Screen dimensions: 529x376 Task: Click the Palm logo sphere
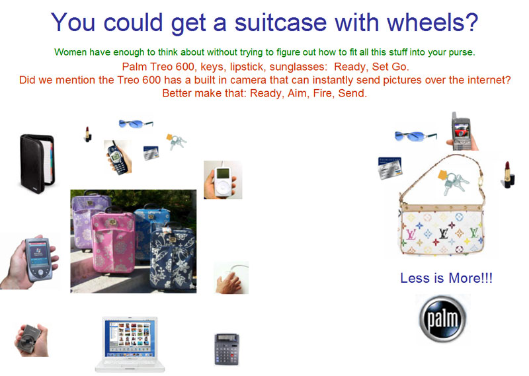[x=442, y=319]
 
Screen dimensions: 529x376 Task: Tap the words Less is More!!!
[x=446, y=278]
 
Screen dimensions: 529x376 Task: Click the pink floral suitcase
[x=114, y=242]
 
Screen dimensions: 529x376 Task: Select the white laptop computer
[x=130, y=344]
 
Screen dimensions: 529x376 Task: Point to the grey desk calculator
[x=227, y=349]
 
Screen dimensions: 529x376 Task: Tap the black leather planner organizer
[x=37, y=163]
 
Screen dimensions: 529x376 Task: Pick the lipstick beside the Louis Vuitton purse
[x=509, y=174]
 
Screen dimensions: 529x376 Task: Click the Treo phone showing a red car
[x=461, y=132]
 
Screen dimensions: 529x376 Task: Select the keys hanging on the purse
[x=454, y=182]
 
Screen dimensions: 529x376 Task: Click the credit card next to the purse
[x=389, y=168]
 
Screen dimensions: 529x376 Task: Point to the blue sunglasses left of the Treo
[x=415, y=136]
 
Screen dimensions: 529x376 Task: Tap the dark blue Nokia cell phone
[x=117, y=157]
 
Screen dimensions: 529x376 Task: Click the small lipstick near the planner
[x=88, y=134]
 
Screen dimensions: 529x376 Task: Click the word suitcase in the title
[x=280, y=22]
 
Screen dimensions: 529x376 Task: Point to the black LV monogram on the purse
[x=444, y=233]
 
